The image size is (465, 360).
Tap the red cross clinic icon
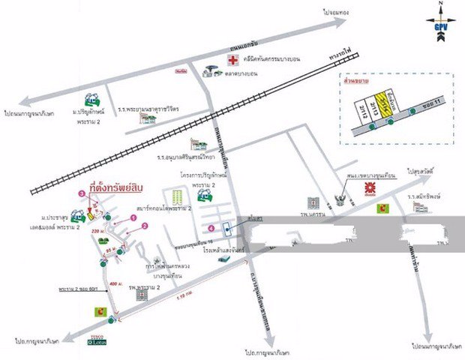pyautogui.click(x=233, y=58)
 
